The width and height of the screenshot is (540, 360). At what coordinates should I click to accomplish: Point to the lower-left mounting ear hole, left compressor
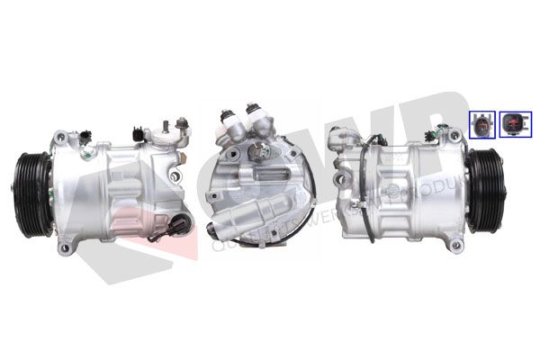64,244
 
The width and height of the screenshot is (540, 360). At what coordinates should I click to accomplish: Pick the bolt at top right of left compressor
183,121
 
